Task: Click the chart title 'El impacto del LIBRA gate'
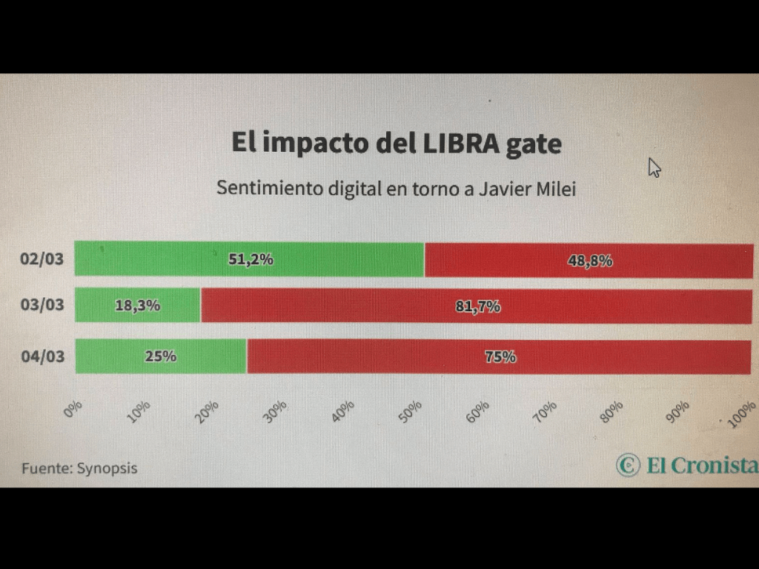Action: point(396,143)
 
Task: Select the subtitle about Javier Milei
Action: point(396,188)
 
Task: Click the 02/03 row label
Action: point(42,260)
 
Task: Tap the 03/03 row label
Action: point(42,305)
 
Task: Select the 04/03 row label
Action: point(42,356)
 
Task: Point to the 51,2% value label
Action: point(251,259)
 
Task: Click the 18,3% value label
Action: point(137,305)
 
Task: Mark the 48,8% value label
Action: point(590,261)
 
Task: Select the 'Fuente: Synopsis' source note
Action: point(79,468)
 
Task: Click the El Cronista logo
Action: point(687,465)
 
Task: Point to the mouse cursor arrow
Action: point(654,167)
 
